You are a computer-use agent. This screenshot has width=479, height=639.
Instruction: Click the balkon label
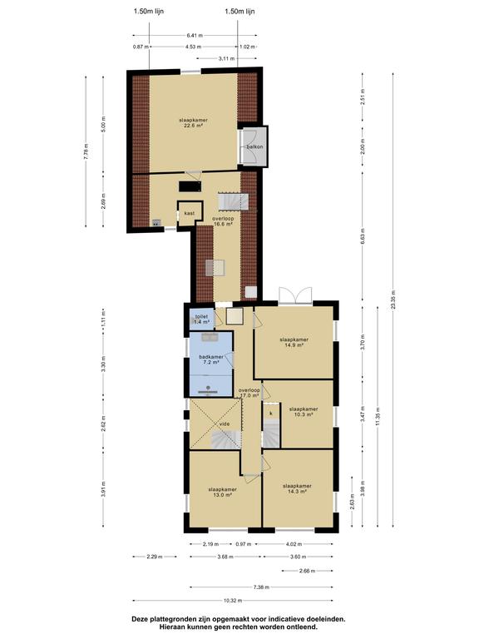[x=254, y=146]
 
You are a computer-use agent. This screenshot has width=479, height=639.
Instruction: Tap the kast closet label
[x=190, y=213]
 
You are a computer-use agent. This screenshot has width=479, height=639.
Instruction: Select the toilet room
[x=201, y=319]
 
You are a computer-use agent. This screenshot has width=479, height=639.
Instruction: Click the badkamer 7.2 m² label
[x=211, y=359]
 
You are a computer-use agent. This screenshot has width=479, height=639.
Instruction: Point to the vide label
[x=225, y=424]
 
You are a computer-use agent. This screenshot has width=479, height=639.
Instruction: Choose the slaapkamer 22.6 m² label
[x=194, y=123]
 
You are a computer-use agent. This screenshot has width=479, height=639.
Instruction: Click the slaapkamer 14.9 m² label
[x=294, y=342]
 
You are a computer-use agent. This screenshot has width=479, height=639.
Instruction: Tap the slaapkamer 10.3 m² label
[x=304, y=412]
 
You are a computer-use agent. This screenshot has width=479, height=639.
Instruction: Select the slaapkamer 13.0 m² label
[x=222, y=493]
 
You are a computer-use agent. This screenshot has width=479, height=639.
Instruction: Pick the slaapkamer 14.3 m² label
[x=298, y=488]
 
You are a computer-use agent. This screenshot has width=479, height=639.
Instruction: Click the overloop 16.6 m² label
[x=223, y=221]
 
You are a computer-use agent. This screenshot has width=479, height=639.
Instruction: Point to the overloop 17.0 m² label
[x=249, y=393]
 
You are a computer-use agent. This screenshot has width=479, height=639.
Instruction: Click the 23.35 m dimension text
[x=393, y=300]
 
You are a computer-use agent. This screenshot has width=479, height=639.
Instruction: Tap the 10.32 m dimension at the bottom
[x=233, y=601]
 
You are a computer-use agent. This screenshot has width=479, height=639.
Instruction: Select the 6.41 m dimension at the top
[x=195, y=36]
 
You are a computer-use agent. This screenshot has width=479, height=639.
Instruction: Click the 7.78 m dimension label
[x=86, y=151]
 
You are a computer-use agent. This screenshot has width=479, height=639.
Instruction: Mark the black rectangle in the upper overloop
[x=190, y=186]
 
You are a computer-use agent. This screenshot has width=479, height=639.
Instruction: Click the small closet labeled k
[x=271, y=413]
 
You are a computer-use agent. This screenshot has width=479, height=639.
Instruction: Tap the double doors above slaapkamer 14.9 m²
[x=296, y=295]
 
